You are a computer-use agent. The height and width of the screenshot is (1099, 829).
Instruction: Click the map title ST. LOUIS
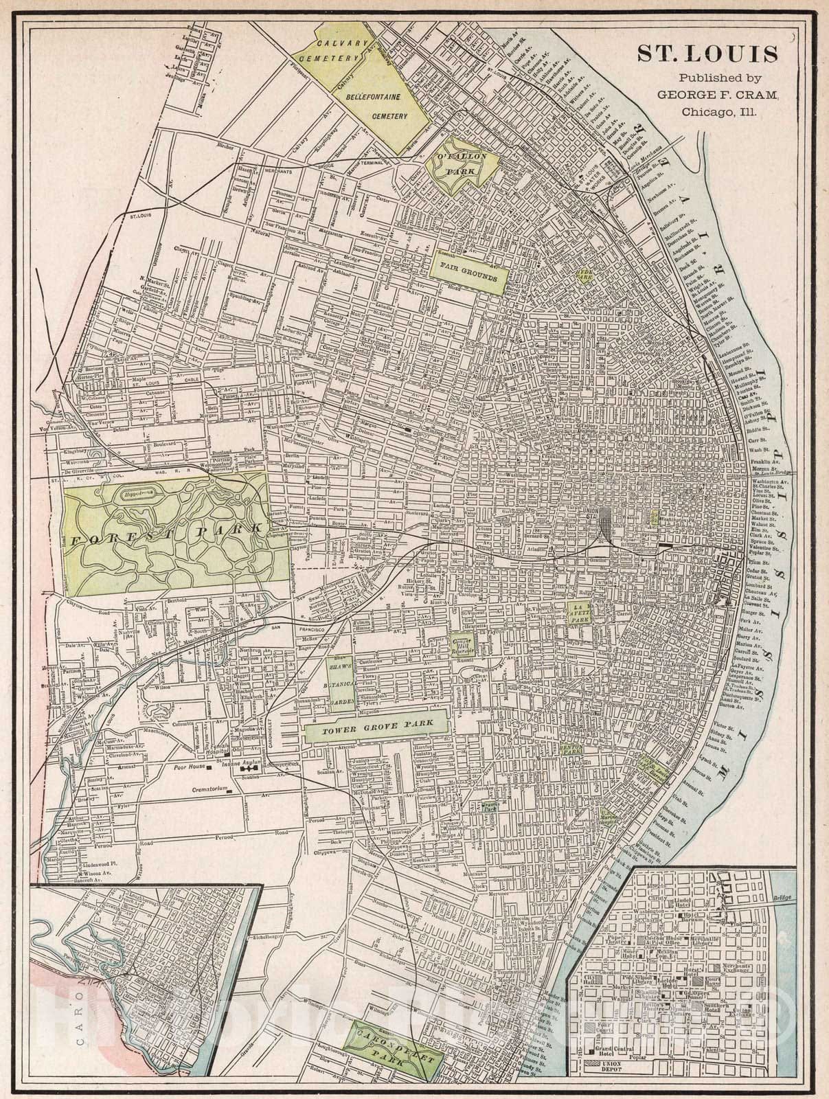point(708,54)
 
